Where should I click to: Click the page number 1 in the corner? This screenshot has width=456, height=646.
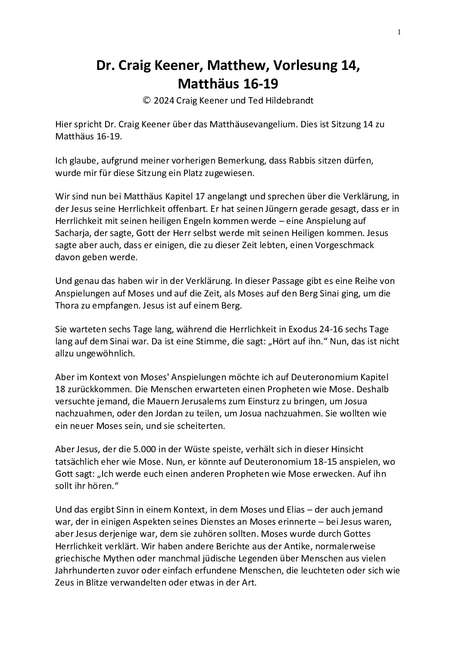[399, 32]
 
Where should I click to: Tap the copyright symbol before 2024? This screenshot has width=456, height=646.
[147, 100]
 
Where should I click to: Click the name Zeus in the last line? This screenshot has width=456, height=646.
[65, 582]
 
